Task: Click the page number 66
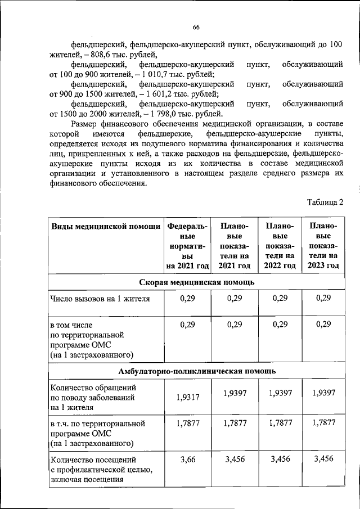click(196, 28)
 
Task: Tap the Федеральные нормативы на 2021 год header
click(187, 246)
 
